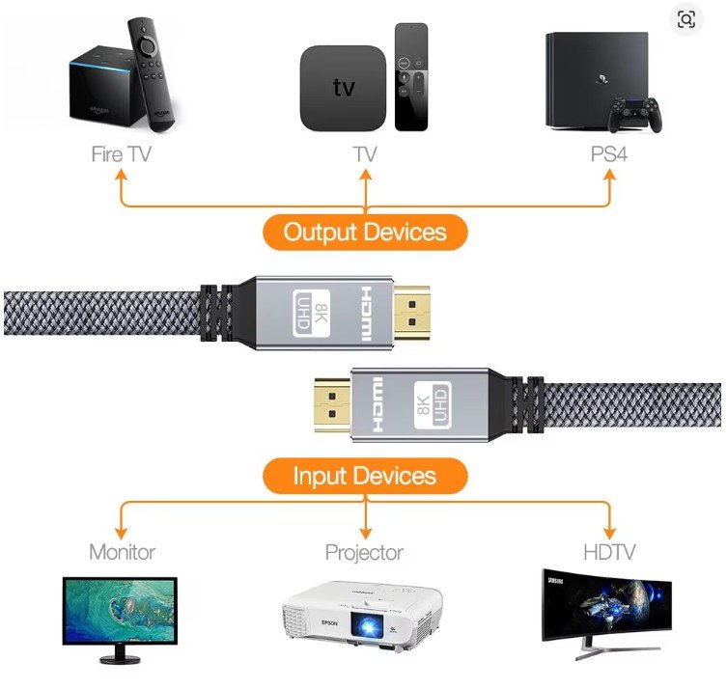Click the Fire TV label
121,153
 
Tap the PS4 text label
608,153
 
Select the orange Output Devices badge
365,232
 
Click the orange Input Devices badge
365,476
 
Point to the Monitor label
122,552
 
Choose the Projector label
364,553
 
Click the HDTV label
609,552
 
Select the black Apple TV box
344,88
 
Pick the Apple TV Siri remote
410,77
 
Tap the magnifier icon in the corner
686,19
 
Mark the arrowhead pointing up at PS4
609,175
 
